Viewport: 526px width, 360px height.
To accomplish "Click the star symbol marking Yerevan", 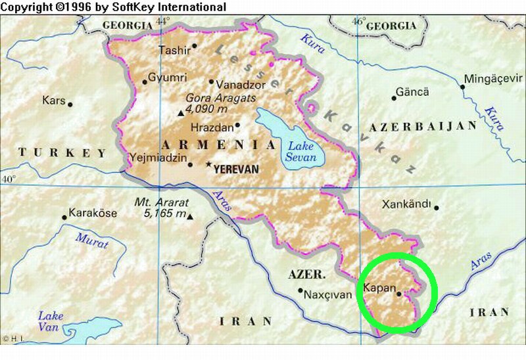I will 209,164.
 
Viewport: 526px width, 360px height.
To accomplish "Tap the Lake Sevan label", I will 300,152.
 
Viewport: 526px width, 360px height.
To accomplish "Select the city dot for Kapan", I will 399,294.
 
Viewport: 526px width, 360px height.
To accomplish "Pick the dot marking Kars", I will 70,104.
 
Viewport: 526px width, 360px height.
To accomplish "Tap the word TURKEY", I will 62,153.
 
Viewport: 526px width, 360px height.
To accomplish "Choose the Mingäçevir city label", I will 492,79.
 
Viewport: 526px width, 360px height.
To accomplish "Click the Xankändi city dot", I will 436,208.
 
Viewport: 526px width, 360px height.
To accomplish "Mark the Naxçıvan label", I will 327,295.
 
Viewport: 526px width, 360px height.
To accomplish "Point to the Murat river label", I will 91,240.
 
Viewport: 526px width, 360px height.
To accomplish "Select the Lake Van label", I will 51,321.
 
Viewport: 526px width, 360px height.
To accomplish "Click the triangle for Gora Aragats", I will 181,113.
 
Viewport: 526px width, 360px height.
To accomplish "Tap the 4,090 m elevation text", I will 207,109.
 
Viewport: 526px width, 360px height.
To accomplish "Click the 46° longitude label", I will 358,22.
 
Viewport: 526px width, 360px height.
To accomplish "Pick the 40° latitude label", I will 8,179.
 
